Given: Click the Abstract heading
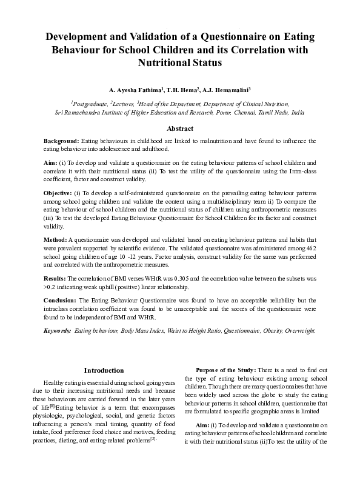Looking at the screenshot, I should pyautogui.click(x=180, y=128).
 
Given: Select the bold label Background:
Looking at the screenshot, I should pyautogui.click(x=62, y=141).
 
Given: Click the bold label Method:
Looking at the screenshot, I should pyautogui.click(x=56, y=240).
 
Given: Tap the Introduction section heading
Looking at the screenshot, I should pyautogui.click(x=104, y=370).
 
